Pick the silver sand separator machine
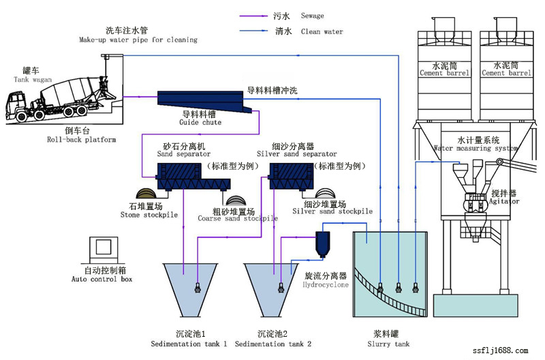(292, 176)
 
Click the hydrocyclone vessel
(323, 244)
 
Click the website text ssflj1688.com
(499, 350)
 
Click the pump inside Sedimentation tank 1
(197, 287)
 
